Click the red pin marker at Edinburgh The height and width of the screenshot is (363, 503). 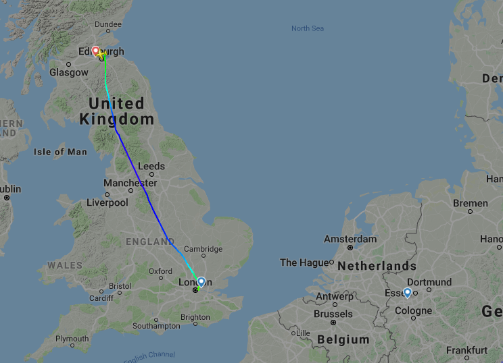coord(96,51)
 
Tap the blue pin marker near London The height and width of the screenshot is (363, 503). coord(201,281)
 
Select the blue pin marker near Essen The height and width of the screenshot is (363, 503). coord(408,293)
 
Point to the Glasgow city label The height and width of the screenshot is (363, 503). coord(69,72)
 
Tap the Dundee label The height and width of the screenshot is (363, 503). coord(108,25)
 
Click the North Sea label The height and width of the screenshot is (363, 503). coord(308,28)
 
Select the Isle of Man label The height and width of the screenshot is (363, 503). coord(60,152)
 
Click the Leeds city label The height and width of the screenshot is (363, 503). coord(151,166)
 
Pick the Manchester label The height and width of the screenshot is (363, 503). coord(130,183)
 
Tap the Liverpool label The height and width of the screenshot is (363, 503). coord(107,202)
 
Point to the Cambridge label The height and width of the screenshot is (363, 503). coord(203,249)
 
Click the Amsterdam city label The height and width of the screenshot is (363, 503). coord(350,239)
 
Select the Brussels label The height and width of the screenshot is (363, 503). coord(333,314)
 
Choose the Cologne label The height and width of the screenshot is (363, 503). coord(413,311)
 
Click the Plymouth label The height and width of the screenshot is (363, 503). coord(72,339)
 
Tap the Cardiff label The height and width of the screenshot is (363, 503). coord(101,298)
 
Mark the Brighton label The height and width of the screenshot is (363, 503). coord(195,317)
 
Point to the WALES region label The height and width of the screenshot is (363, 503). coord(64,265)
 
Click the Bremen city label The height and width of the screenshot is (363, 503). coord(471,203)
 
